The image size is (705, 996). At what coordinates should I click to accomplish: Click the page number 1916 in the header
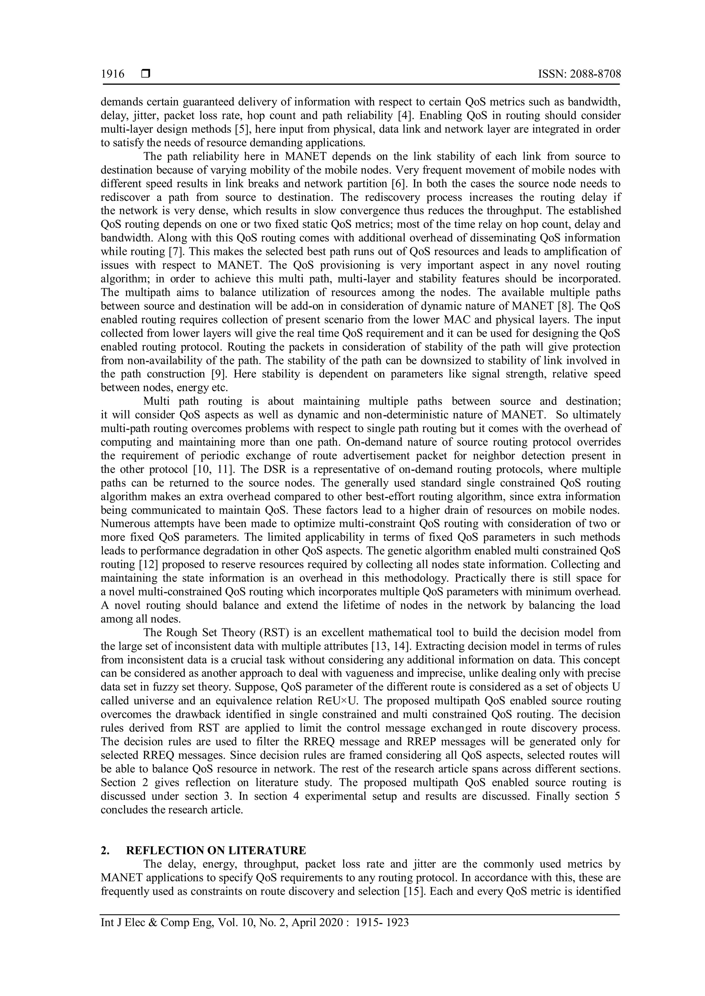pos(113,74)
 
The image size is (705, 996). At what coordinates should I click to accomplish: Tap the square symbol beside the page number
pos(145,74)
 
